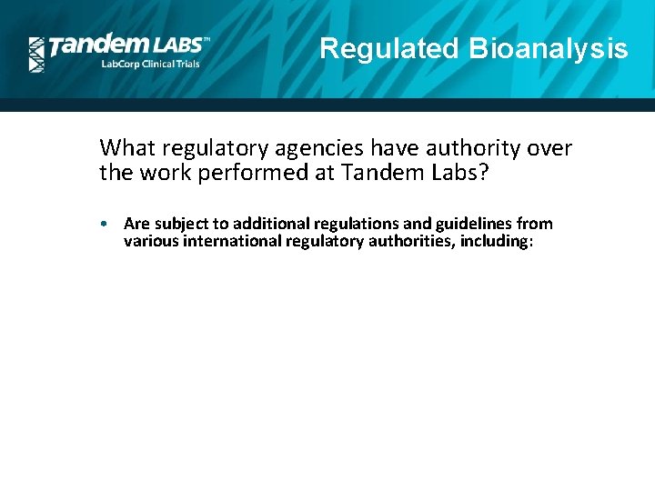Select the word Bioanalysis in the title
click(x=548, y=48)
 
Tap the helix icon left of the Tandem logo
click(x=36, y=55)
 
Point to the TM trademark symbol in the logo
click(x=206, y=40)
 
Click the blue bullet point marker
click(x=106, y=224)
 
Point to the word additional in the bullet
click(x=268, y=224)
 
